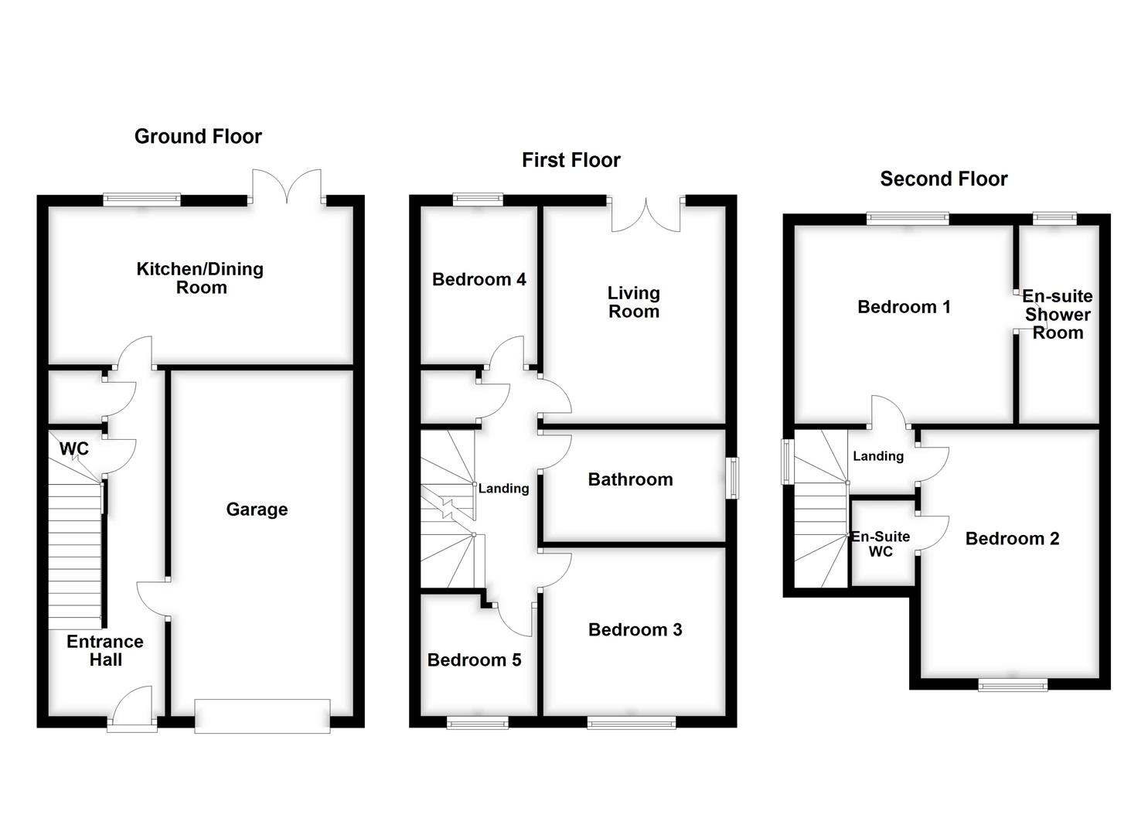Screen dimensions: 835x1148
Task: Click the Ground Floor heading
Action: [198, 137]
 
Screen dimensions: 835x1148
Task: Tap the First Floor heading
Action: [571, 160]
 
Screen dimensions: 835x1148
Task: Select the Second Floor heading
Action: [943, 179]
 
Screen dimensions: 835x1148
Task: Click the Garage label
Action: [257, 510]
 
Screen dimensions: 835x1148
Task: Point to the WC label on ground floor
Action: [74, 449]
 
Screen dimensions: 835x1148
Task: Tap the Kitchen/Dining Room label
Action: [200, 278]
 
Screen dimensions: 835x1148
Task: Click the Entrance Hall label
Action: [105, 651]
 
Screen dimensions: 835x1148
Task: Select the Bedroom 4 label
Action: [479, 280]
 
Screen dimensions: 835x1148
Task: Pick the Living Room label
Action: [633, 302]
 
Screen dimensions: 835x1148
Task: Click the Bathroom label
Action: [630, 479]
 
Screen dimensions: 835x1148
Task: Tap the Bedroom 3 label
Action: [635, 630]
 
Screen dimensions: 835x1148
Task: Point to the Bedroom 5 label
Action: [474, 660]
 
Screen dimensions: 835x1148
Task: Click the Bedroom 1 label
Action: [904, 307]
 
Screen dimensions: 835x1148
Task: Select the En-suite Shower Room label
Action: [1057, 315]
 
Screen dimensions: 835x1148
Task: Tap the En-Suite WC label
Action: [881, 544]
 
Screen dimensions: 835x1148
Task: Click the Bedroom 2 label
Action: [1012, 539]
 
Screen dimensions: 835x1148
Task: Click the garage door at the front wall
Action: [262, 716]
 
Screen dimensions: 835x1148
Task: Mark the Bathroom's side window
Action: [732, 479]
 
